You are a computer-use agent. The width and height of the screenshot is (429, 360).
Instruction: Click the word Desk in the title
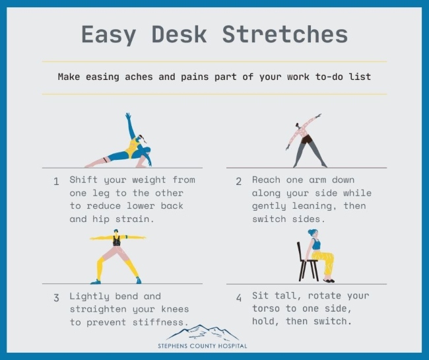[180, 34]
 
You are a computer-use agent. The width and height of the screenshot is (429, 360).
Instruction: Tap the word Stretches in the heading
[285, 34]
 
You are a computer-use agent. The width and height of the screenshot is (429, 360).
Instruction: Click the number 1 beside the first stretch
[56, 181]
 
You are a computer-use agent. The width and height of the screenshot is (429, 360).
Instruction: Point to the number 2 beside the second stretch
[238, 181]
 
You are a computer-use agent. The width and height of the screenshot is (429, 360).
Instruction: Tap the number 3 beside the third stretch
[56, 298]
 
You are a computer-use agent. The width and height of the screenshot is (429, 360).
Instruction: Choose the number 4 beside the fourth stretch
[239, 298]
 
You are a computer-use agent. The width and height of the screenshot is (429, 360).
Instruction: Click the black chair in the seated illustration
[307, 262]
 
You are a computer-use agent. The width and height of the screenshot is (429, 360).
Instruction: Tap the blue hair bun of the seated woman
[312, 232]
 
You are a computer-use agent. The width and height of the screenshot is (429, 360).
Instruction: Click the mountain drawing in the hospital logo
[203, 333]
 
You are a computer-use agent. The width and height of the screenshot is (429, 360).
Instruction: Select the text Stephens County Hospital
[203, 346]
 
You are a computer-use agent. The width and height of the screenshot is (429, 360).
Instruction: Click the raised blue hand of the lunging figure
[128, 116]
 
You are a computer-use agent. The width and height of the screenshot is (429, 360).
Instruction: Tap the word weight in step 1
[149, 180]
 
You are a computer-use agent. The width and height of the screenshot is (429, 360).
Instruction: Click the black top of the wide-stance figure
[117, 240]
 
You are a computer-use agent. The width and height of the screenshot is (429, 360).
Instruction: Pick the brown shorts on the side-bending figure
[308, 139]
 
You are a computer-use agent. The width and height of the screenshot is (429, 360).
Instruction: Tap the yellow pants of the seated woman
[325, 262]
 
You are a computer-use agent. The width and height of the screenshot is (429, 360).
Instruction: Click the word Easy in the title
[109, 35]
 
